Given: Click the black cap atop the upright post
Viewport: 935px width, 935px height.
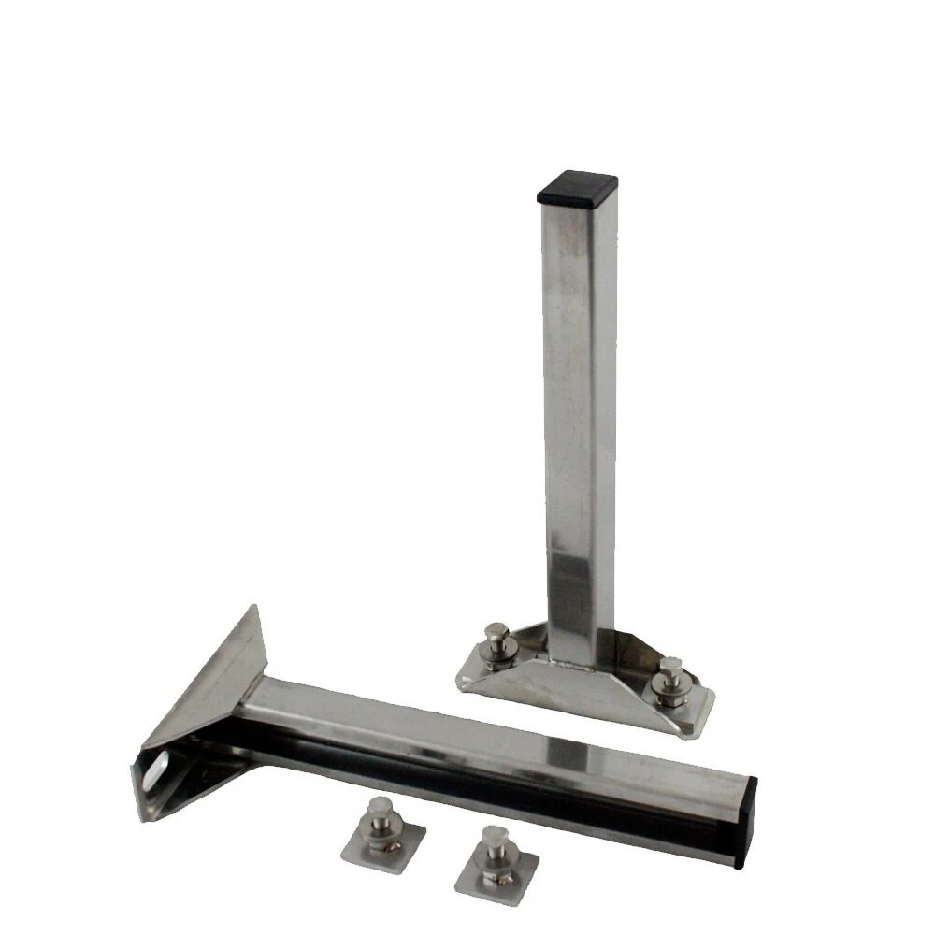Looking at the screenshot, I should tap(578, 187).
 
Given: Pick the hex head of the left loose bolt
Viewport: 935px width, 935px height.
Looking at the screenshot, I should tap(380, 807).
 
